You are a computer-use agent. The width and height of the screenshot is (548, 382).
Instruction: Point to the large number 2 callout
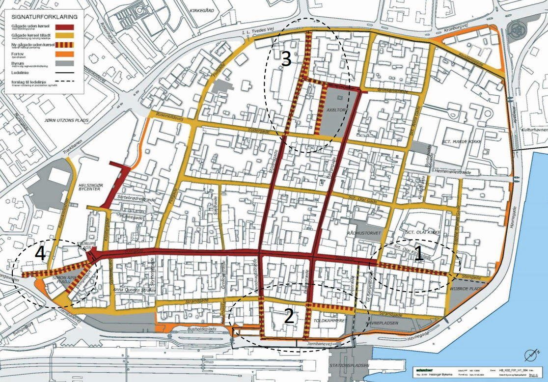click(289, 316)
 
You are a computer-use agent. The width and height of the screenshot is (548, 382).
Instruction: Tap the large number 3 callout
click(286, 59)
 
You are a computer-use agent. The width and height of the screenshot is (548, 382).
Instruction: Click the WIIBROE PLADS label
click(464, 289)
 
